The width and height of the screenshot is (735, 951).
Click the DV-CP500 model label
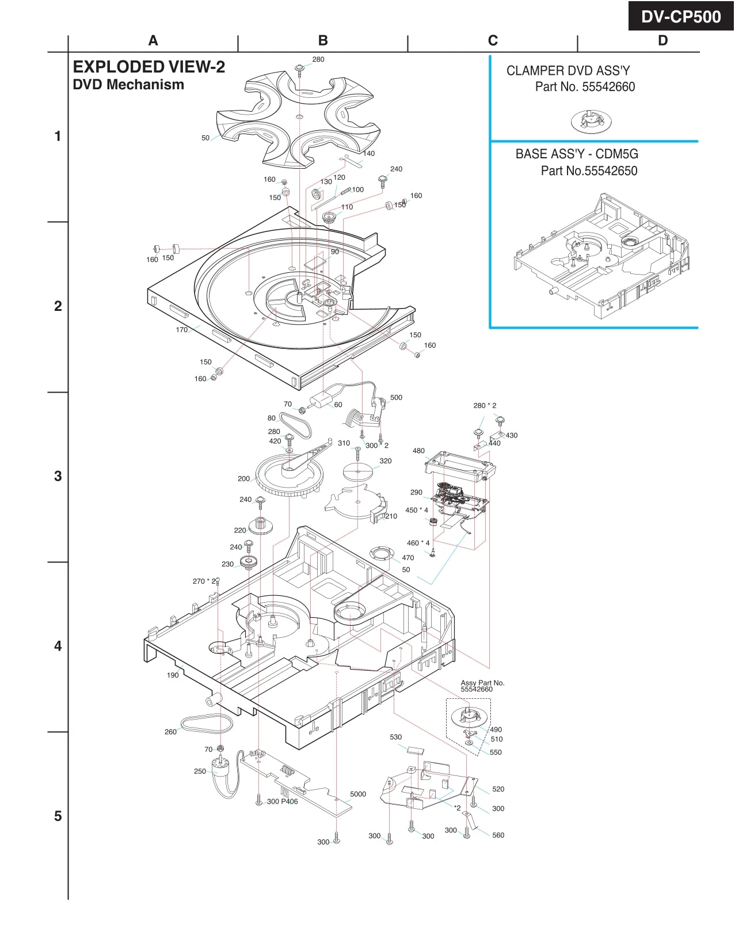[681, 17]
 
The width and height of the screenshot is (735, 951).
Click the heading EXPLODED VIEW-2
[148, 67]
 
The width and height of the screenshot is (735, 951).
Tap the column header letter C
[493, 40]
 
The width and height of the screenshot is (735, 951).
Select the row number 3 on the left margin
[58, 476]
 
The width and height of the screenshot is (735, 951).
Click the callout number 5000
[358, 794]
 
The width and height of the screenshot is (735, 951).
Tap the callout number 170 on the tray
[182, 330]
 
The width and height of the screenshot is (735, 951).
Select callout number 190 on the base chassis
[173, 675]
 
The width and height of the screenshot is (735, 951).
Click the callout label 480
[418, 451]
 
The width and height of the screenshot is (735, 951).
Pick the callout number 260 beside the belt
[170, 732]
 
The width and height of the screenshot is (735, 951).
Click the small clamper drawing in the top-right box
[591, 121]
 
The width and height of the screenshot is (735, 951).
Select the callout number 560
[498, 835]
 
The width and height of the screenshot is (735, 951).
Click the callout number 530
[396, 737]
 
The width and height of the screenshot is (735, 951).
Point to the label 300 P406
[282, 801]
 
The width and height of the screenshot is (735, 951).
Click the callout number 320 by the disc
[386, 461]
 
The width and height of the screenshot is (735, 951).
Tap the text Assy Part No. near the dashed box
[482, 683]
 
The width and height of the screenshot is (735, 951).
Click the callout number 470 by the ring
[408, 558]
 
